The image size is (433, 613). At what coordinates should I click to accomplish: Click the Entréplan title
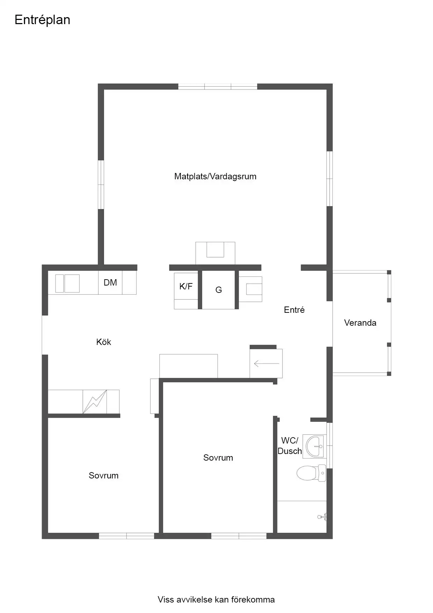pyautogui.click(x=42, y=20)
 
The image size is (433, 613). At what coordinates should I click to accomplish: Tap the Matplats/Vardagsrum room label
pyautogui.click(x=215, y=176)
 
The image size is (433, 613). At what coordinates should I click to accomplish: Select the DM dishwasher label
pyautogui.click(x=110, y=282)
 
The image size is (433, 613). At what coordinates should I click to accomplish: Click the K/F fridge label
pyautogui.click(x=186, y=287)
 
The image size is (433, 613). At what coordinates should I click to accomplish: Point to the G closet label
pyautogui.click(x=219, y=290)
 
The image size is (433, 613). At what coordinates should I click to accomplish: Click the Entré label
pyautogui.click(x=294, y=310)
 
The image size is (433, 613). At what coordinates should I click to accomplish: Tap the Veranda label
pyautogui.click(x=360, y=323)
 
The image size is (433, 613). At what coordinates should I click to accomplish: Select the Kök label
pyautogui.click(x=104, y=342)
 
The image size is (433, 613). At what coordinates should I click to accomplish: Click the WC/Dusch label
pyautogui.click(x=289, y=446)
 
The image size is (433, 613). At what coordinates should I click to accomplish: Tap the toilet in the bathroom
pyautogui.click(x=311, y=474)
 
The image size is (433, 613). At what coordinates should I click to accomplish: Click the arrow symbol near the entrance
pyautogui.click(x=266, y=364)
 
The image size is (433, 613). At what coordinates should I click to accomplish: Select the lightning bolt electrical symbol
pyautogui.click(x=95, y=402)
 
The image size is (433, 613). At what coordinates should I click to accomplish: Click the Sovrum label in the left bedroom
pyautogui.click(x=104, y=475)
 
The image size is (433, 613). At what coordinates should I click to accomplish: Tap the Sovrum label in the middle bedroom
pyautogui.click(x=218, y=457)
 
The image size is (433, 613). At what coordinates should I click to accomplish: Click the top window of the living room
pyautogui.click(x=218, y=87)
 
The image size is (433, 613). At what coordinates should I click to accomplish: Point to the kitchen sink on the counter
pyautogui.click(x=67, y=283)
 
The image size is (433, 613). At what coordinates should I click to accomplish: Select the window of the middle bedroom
pyautogui.click(x=239, y=536)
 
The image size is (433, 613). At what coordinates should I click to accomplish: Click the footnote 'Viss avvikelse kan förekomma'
pyautogui.click(x=216, y=600)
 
